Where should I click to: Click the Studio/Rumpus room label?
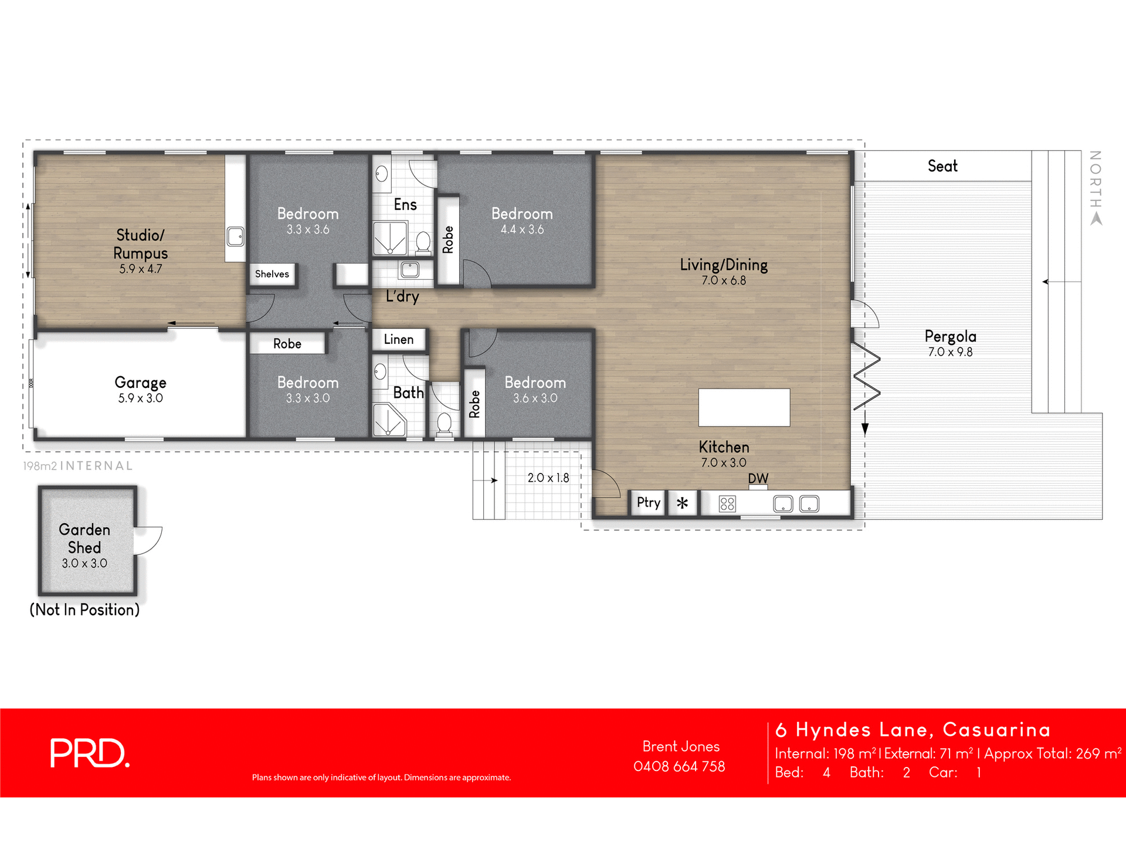[x=140, y=244]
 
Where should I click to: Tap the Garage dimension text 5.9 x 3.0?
[x=140, y=398]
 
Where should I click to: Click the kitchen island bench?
[x=744, y=407]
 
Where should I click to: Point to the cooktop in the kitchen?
[x=727, y=503]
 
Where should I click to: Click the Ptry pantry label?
[x=648, y=502]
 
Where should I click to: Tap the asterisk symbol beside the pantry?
[x=682, y=503]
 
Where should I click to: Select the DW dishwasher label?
[x=758, y=479]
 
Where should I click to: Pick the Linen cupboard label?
[x=399, y=339]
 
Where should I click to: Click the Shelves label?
[x=272, y=274]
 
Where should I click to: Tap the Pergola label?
[x=950, y=336]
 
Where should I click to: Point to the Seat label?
[x=942, y=166]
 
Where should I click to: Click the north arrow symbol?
[x=1096, y=219]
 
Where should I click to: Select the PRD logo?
[x=89, y=753]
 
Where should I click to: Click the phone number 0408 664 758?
[x=679, y=766]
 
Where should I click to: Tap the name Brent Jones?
[x=680, y=746]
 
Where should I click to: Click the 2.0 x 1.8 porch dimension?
[x=548, y=478]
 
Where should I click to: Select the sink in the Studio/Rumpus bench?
[x=235, y=236]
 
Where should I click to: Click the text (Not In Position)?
[x=84, y=610]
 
